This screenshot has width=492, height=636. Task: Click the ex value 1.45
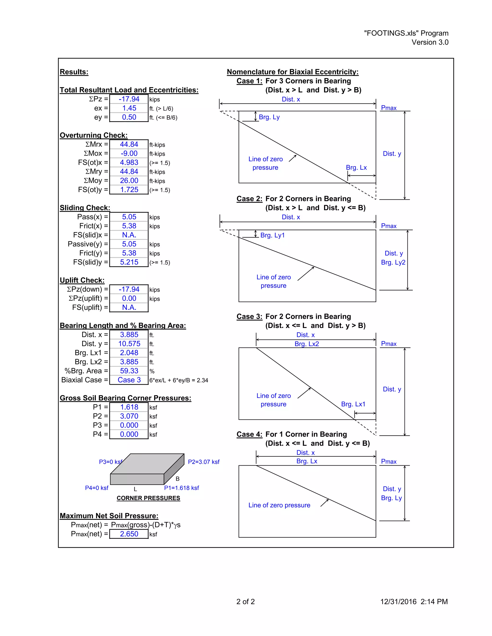pyautogui.click(x=129, y=108)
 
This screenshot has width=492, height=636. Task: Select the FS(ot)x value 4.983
pyautogui.click(x=129, y=162)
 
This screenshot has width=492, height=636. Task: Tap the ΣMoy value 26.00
pyautogui.click(x=129, y=180)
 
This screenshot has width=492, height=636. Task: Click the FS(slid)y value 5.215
pyautogui.click(x=129, y=262)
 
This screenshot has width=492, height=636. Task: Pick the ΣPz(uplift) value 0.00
pyautogui.click(x=129, y=299)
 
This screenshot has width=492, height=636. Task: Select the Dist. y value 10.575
pyautogui.click(x=129, y=344)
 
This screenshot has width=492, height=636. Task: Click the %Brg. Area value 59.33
pyautogui.click(x=129, y=371)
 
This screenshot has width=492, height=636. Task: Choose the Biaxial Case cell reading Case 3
pyautogui.click(x=129, y=380)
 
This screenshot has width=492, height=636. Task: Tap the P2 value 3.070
pyautogui.click(x=129, y=416)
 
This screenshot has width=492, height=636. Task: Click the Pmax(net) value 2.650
pyautogui.click(x=129, y=534)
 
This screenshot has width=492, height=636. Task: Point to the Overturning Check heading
pyautogui.click(x=93, y=135)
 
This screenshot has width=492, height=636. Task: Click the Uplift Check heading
pyautogui.click(x=82, y=280)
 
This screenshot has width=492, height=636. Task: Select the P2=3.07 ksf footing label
pyautogui.click(x=203, y=462)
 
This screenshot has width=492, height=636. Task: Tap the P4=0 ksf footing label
pyautogui.click(x=97, y=488)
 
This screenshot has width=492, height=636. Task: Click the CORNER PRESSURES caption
pyautogui.click(x=148, y=498)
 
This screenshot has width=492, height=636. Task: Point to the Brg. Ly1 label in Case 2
pyautogui.click(x=272, y=235)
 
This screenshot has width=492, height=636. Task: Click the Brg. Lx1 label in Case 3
pyautogui.click(x=353, y=404)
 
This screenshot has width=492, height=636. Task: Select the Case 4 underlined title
pyautogui.click(x=249, y=434)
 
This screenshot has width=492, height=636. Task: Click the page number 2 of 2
pyautogui.click(x=246, y=602)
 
